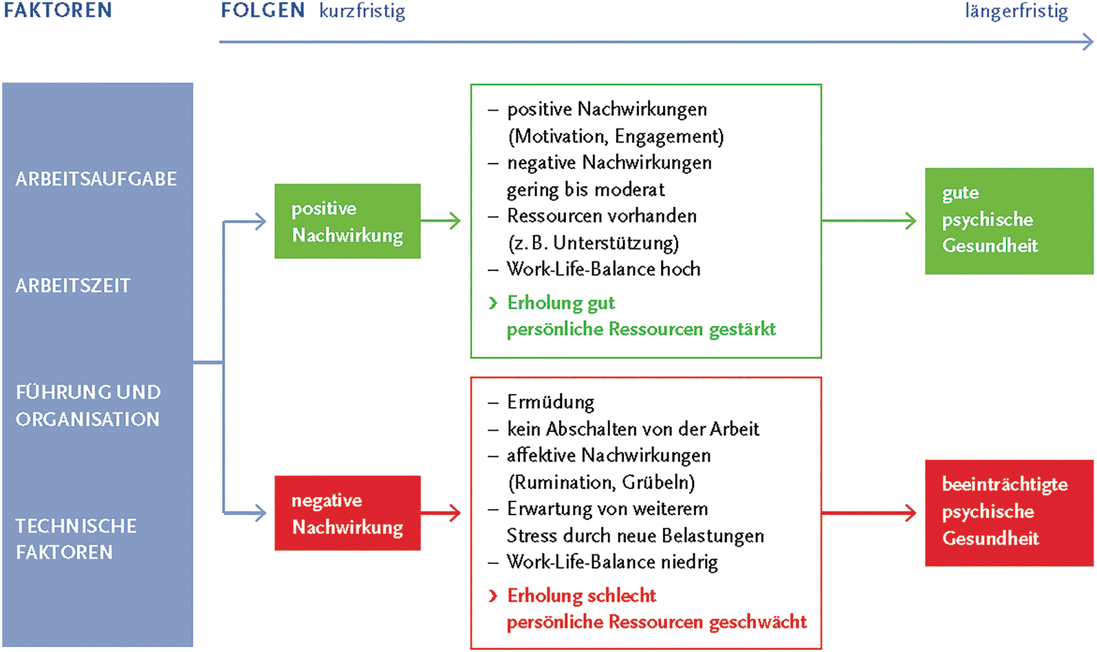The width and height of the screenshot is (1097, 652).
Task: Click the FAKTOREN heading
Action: tap(58, 10)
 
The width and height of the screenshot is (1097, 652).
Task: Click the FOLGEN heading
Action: tap(263, 10)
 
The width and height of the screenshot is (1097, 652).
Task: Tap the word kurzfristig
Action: tap(362, 12)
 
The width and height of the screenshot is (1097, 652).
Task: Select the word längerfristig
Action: tap(1016, 12)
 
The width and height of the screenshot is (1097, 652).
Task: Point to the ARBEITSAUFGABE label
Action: tap(96, 179)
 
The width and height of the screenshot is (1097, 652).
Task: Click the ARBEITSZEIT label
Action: tap(73, 285)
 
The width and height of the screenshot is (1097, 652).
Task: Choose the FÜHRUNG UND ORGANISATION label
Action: tap(88, 406)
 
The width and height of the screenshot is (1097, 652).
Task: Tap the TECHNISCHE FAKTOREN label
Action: tap(76, 539)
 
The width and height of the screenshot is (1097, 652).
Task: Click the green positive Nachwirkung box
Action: tap(347, 221)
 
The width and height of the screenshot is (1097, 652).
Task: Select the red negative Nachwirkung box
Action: tap(347, 513)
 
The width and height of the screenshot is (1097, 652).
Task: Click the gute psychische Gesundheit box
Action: tap(1008, 221)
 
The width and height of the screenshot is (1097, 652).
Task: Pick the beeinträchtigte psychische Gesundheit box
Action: tap(1008, 513)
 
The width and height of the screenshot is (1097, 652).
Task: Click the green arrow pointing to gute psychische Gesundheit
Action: tap(869, 221)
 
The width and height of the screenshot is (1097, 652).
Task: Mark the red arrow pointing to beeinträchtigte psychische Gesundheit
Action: tap(869, 513)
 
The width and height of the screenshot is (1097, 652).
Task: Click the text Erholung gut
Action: tap(561, 303)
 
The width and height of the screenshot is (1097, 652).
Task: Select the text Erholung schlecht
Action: tap(581, 595)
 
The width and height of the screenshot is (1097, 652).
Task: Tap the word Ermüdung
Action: tap(550, 402)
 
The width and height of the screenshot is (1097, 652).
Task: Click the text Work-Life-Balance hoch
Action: tap(603, 269)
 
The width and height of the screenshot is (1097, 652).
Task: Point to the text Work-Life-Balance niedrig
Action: tap(612, 562)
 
